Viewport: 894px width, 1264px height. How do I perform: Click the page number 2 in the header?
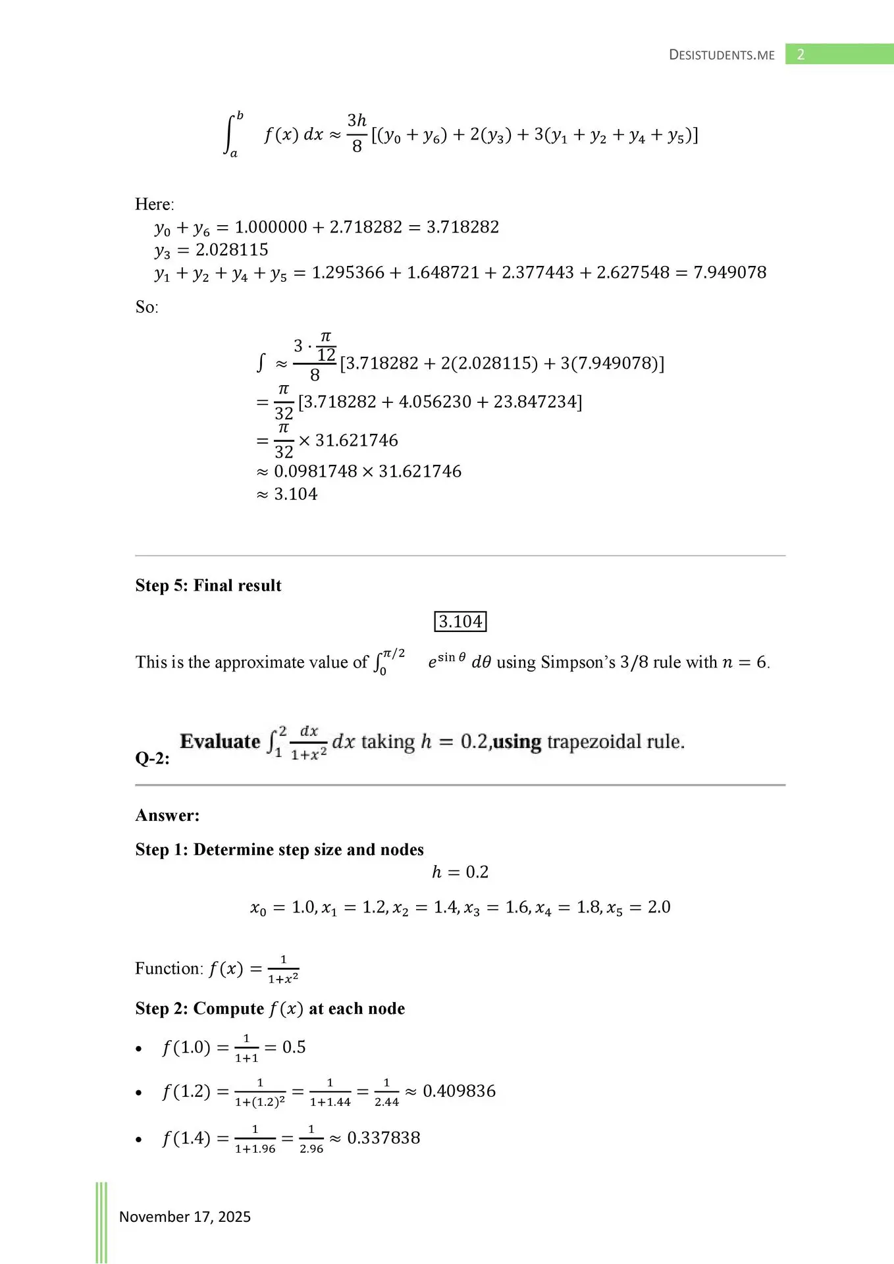801,55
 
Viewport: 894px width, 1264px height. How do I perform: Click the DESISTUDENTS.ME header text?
722,55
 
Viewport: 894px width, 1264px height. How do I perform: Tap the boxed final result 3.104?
460,621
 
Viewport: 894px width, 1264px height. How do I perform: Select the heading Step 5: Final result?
208,585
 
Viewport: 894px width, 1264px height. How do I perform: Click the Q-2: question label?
152,758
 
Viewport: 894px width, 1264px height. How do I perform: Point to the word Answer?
167,815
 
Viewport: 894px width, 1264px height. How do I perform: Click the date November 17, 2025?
184,1217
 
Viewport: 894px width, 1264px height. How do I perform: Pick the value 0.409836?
459,1091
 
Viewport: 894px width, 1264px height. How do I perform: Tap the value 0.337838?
383,1138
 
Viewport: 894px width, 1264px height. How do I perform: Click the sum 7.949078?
729,273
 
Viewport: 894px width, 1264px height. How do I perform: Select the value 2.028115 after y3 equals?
232,250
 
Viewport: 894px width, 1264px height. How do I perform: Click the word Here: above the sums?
155,204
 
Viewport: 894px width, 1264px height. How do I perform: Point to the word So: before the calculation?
147,307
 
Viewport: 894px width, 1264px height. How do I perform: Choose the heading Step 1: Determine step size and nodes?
279,849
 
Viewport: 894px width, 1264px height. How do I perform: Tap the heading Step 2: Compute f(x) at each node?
270,1009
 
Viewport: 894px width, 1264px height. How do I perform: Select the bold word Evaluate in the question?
220,742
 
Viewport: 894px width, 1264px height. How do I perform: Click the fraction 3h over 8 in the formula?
357,134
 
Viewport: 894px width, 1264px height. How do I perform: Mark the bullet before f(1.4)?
139,1140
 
